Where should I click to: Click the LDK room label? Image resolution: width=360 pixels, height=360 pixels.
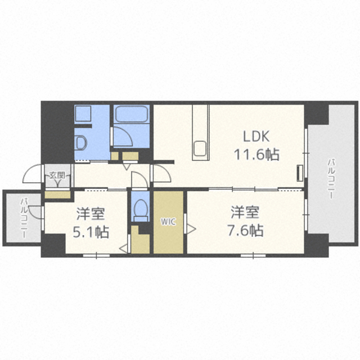click(256, 136)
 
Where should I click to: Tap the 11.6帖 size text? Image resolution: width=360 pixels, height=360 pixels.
click(256, 154)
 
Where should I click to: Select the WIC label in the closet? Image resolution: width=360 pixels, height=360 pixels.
click(168, 222)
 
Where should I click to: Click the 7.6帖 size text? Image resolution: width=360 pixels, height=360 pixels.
click(245, 230)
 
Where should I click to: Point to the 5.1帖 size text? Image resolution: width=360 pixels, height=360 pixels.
click(91, 232)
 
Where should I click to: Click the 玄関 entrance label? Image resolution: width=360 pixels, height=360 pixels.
click(57, 175)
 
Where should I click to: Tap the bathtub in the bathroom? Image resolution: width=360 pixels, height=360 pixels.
click(131, 114)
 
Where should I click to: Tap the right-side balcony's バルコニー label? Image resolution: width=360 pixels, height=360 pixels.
click(331, 179)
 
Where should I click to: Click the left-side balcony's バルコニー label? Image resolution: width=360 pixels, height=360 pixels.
click(24, 218)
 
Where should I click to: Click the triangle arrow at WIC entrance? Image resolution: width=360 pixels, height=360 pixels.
click(191, 229)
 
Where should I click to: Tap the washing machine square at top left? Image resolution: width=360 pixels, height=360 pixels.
click(83, 114)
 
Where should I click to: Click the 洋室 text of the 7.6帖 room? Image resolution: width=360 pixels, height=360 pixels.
click(245, 213)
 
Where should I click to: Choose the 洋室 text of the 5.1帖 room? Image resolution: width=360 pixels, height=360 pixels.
click(91, 214)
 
